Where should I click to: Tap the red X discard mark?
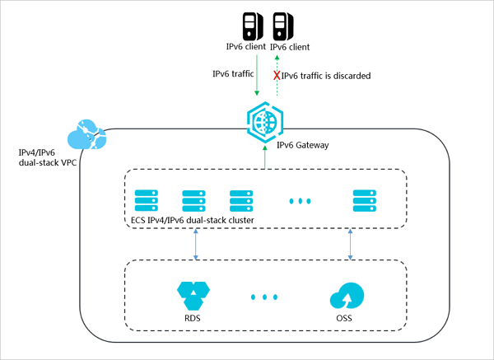(x=277, y=75)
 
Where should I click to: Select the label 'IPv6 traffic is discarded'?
(x=325, y=76)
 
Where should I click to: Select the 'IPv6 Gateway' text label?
(x=301, y=146)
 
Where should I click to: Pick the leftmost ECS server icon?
(x=146, y=200)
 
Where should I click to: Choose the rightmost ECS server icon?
(x=364, y=200)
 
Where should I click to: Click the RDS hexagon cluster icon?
(x=196, y=293)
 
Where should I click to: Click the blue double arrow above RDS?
(x=196, y=245)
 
